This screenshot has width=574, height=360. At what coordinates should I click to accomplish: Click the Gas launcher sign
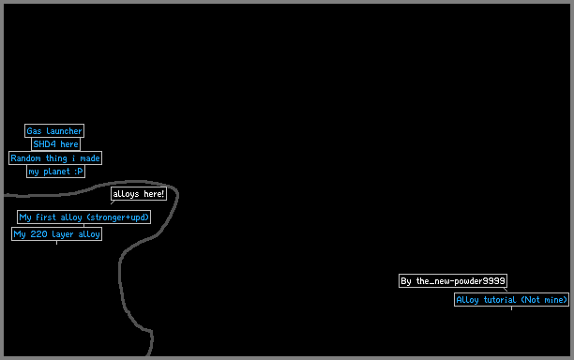tap(54, 130)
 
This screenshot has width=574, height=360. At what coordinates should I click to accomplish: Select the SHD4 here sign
tap(55, 144)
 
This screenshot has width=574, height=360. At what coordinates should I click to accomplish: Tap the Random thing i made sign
tap(55, 158)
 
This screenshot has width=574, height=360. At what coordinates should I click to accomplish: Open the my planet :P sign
tap(55, 172)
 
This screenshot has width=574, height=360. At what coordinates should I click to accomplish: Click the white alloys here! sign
tap(139, 193)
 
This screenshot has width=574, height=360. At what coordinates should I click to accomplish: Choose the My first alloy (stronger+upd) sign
tap(83, 217)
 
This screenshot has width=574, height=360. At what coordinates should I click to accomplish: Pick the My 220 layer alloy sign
tap(56, 233)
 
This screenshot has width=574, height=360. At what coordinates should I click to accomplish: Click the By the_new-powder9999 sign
tap(453, 280)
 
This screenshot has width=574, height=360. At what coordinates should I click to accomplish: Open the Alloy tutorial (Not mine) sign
tap(511, 300)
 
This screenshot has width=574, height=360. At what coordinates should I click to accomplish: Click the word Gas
tap(34, 131)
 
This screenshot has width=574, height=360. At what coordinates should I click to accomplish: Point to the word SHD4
tap(45, 144)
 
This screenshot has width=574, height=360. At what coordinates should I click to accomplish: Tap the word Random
tap(25, 158)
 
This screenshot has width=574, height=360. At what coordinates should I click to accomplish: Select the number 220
tap(38, 233)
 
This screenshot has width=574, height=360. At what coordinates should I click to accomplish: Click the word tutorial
tap(500, 300)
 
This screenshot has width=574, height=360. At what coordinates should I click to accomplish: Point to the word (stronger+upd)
tap(118, 217)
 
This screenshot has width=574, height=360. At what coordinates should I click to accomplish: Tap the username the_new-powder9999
tap(461, 280)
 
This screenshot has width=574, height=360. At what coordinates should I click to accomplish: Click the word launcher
tap(64, 131)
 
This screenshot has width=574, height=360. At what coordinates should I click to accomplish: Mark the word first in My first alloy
tap(46, 217)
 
